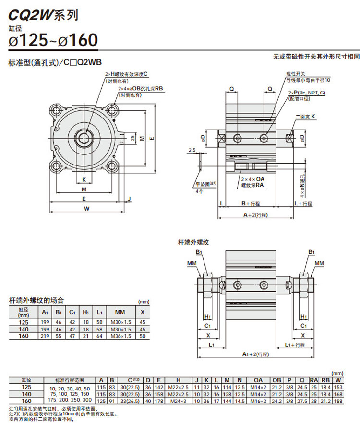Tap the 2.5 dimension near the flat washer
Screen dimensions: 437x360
coord(192,150)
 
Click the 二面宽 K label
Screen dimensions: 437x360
coord(305,117)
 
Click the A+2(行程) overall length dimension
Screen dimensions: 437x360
coord(255,215)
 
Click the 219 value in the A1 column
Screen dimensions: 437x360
coord(45,336)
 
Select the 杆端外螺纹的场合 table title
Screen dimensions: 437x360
coord(36,300)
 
